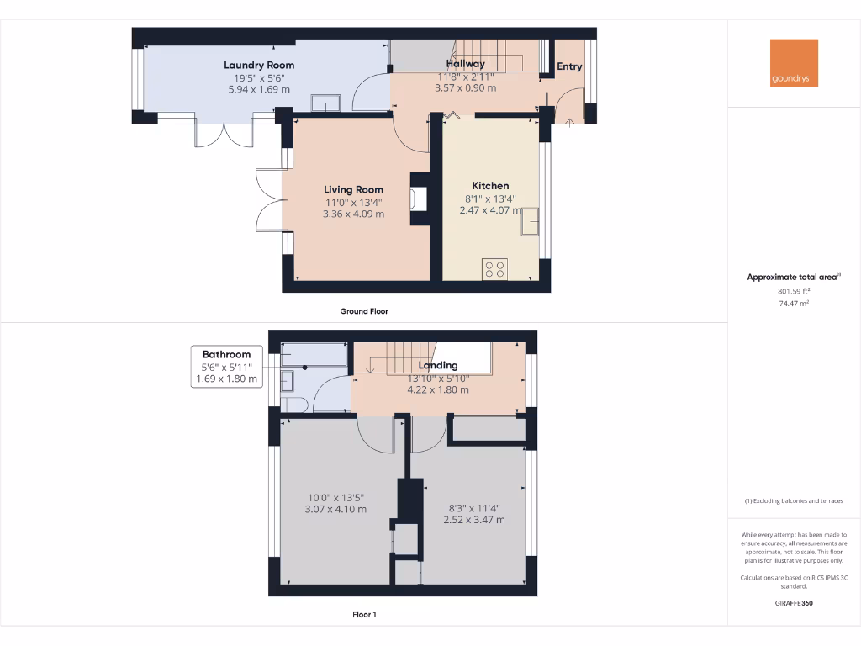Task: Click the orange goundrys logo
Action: pyautogui.click(x=794, y=63)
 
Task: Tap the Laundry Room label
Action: pyautogui.click(x=259, y=65)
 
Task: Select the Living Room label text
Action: pyautogui.click(x=354, y=190)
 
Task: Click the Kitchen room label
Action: pyautogui.click(x=490, y=186)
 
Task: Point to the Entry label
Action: pyautogui.click(x=569, y=66)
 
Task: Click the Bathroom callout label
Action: pyautogui.click(x=226, y=355)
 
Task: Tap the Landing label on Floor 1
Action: pyautogui.click(x=438, y=365)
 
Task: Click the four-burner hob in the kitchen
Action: pyautogui.click(x=494, y=269)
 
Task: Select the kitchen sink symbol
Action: pyautogui.click(x=531, y=224)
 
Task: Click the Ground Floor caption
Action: pyautogui.click(x=364, y=311)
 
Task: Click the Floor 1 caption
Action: pyautogui.click(x=364, y=615)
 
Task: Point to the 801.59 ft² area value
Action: pyautogui.click(x=794, y=291)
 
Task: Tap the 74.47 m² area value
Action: pyautogui.click(x=794, y=304)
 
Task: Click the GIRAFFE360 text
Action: pyautogui.click(x=794, y=603)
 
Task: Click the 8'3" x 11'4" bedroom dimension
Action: pyautogui.click(x=474, y=508)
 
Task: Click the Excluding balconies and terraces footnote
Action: pyautogui.click(x=794, y=501)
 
